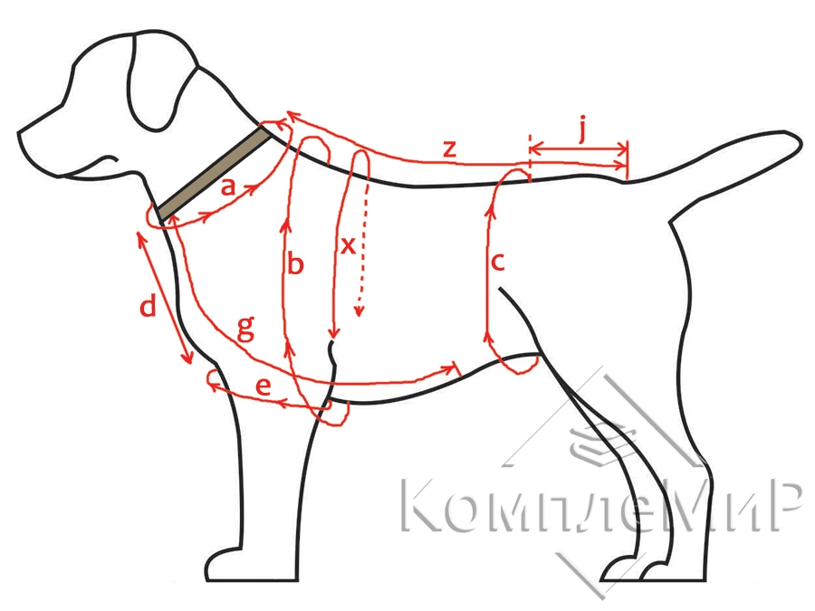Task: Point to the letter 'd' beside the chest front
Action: coord(148,308)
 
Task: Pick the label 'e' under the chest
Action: coord(263,387)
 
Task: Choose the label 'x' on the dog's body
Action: coord(348,246)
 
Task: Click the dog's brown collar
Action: coord(214,174)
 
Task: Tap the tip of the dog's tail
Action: coord(795,142)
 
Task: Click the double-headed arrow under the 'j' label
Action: coord(577,148)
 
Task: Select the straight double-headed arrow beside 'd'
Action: coord(165,298)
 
